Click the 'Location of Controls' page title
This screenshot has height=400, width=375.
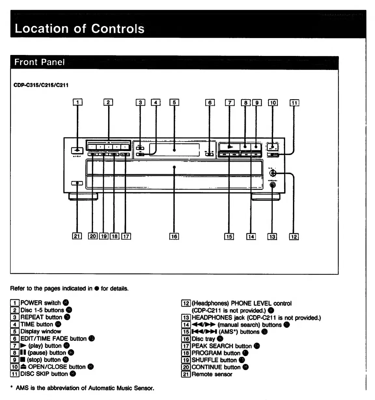pyautogui.click(x=79, y=29)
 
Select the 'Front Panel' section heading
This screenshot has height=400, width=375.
pyautogui.click(x=39, y=62)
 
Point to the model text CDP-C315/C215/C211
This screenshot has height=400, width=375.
pyautogui.click(x=41, y=85)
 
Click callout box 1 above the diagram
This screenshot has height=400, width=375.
pyautogui.click(x=77, y=103)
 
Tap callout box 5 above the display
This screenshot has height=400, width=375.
pyautogui.click(x=174, y=103)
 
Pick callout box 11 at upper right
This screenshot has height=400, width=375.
pyautogui.click(x=294, y=103)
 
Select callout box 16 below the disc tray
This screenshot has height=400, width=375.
pyautogui.click(x=174, y=236)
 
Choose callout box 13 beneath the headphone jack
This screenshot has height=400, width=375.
pyautogui.click(x=272, y=237)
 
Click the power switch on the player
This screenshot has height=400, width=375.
pyautogui.click(x=77, y=150)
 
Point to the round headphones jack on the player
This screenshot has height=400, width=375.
pyautogui.click(x=272, y=185)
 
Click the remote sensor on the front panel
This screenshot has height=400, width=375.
pyautogui.click(x=77, y=183)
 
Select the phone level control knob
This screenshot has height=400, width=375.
pyautogui.click(x=273, y=174)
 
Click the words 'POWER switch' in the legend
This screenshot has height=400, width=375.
pyautogui.click(x=40, y=303)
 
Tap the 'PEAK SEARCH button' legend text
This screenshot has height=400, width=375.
pyautogui.click(x=221, y=346)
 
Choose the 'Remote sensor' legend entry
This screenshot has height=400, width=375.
pyautogui.click(x=212, y=374)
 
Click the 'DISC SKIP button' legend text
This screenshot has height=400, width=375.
pyautogui.click(x=44, y=374)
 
